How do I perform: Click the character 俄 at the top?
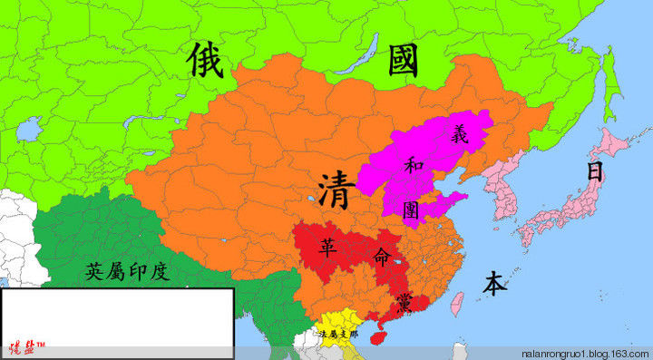click(x=208, y=59)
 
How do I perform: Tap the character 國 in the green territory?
click(x=404, y=60)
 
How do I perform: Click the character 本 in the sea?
click(x=494, y=284)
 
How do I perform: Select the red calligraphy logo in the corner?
click(x=27, y=348)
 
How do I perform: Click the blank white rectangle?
click(x=117, y=313)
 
